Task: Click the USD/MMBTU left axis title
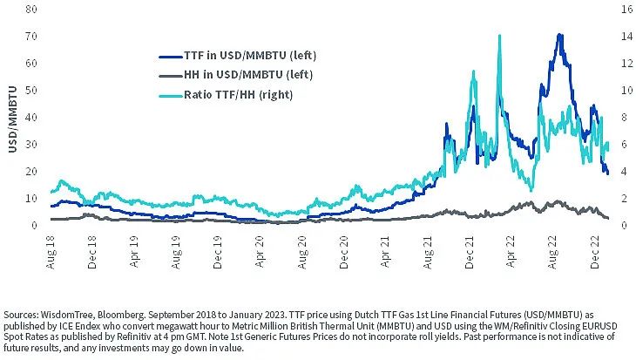point(11,118)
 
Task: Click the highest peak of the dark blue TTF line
point(558,36)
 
